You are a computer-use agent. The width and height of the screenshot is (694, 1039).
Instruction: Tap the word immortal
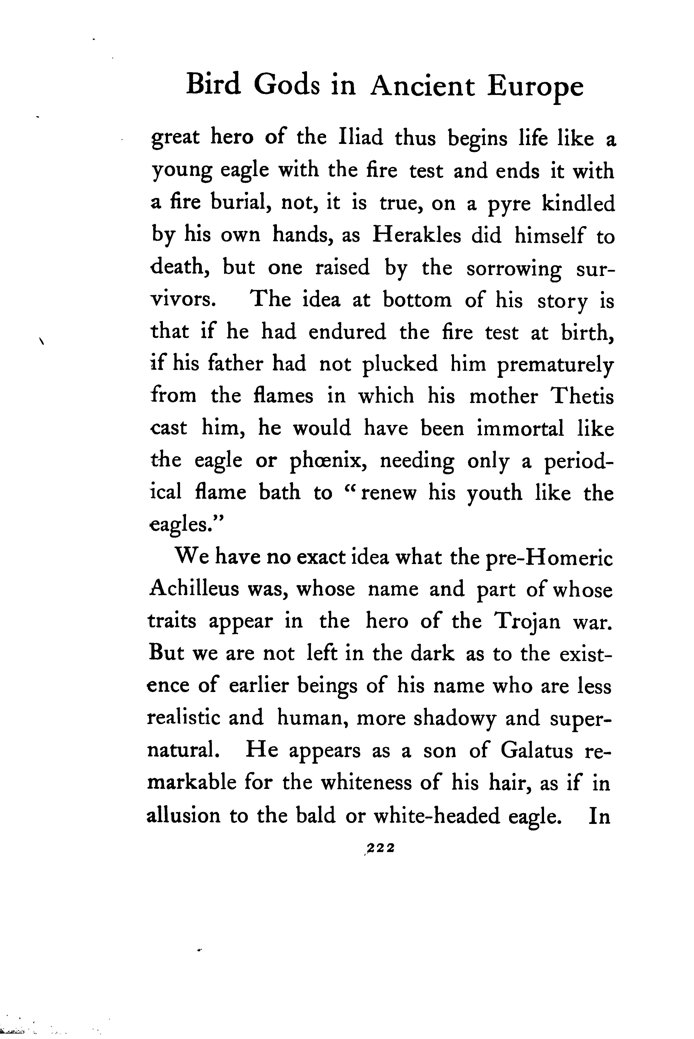click(520, 428)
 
